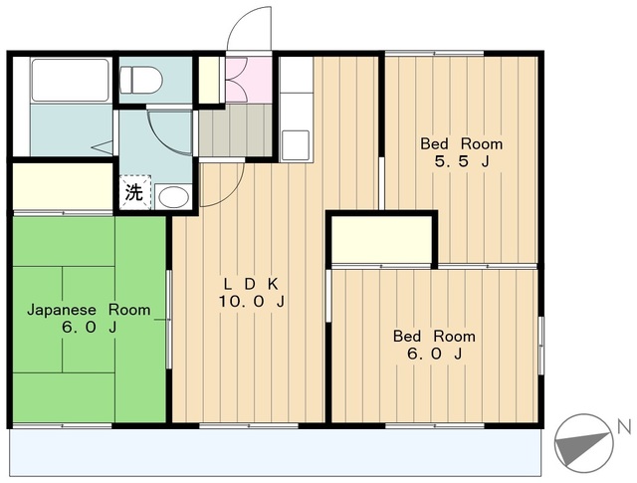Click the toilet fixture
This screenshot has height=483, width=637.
(141, 80)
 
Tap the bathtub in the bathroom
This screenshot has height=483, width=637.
(70, 80)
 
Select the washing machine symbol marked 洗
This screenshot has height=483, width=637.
(134, 192)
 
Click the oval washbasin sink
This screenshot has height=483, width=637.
(173, 197)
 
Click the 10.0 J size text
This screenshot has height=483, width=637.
(252, 302)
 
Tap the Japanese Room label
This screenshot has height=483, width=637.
(89, 310)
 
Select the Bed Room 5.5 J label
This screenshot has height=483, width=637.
(462, 152)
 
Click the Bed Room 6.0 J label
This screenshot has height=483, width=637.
(434, 345)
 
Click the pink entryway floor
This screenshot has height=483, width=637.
(249, 80)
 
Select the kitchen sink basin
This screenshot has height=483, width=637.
(296, 145)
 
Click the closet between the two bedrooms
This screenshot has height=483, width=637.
(381, 239)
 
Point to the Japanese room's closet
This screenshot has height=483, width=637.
(63, 186)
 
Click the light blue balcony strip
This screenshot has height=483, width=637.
(276, 452)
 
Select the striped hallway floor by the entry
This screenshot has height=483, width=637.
(235, 130)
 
